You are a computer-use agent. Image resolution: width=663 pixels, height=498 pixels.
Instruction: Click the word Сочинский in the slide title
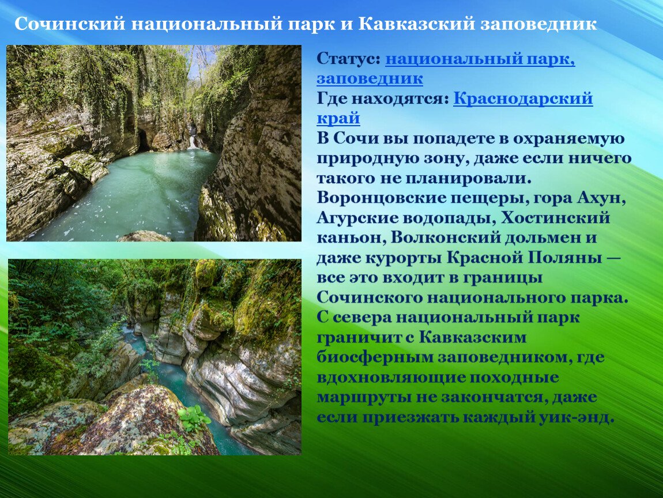(70, 24)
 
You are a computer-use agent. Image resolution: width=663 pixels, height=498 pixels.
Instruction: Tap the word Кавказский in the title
(416, 24)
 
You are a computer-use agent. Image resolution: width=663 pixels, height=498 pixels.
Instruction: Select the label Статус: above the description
(348, 58)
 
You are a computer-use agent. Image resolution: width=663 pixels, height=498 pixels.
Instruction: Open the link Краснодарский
(523, 99)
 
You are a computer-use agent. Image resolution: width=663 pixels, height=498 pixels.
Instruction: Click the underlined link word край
(338, 118)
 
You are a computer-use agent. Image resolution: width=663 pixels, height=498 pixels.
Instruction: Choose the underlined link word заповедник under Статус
(370, 78)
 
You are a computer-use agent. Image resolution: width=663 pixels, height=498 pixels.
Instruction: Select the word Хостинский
(556, 218)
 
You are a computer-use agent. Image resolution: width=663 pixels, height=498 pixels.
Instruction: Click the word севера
(363, 318)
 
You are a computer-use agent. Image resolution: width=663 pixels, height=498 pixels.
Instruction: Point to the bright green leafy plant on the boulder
(194, 418)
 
